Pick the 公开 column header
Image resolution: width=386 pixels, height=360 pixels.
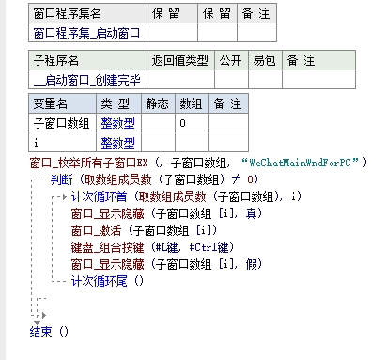[x=231, y=60]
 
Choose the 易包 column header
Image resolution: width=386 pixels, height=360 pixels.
[x=264, y=60]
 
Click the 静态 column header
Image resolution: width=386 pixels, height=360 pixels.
[x=157, y=102]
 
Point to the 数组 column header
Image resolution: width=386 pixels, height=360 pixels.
[x=191, y=102]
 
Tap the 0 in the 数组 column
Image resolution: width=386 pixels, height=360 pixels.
[x=182, y=122]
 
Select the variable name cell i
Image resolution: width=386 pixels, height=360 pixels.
[x=38, y=142]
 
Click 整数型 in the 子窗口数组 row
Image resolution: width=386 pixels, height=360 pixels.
[x=118, y=122]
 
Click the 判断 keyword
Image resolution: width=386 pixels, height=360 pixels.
[x=63, y=180]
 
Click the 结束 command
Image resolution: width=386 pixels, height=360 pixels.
[x=41, y=331]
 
